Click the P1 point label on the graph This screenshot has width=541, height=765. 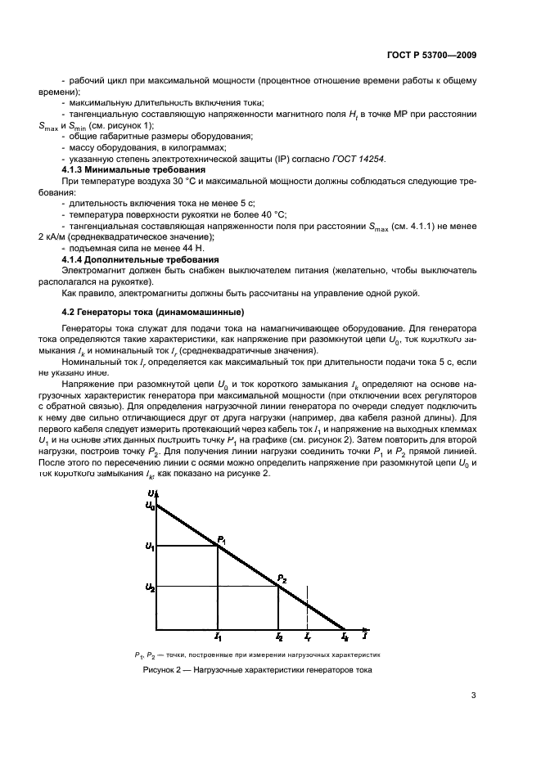[221, 538]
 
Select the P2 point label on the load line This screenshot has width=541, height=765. [282, 578]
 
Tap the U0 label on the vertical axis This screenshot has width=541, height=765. [150, 506]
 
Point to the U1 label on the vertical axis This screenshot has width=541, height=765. [150, 546]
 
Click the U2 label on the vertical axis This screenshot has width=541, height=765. [150, 587]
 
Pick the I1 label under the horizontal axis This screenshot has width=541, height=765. [217, 636]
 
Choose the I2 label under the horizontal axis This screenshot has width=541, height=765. [279, 636]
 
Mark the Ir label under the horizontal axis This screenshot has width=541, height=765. [307, 636]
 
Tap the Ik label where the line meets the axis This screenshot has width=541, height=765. [345, 636]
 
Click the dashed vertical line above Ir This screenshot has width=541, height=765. [307, 605]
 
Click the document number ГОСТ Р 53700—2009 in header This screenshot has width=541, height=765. [431, 56]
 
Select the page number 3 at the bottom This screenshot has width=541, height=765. [474, 696]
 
